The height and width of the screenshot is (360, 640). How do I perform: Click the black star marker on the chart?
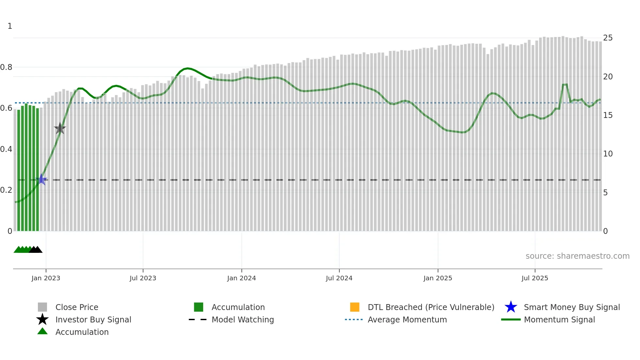tap(60, 128)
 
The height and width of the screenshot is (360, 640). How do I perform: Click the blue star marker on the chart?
tap(41, 179)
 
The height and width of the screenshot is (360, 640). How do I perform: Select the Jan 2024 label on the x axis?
tap(241, 278)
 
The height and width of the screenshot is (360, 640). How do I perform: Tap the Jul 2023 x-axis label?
tap(143, 278)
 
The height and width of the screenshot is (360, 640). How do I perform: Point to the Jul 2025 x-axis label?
tap(535, 278)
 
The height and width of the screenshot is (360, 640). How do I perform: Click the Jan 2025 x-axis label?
tap(438, 278)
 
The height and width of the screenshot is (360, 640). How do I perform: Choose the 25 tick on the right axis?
tap(608, 38)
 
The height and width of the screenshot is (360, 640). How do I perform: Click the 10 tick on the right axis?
tap(608, 154)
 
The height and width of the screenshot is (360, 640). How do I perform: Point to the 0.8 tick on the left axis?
tap(6, 67)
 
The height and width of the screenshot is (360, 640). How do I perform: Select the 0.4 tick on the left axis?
tap(6, 149)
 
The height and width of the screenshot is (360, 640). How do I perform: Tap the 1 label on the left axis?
tap(10, 26)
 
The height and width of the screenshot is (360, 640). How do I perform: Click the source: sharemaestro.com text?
tap(577, 256)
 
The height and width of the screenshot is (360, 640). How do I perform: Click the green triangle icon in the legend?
tap(42, 331)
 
